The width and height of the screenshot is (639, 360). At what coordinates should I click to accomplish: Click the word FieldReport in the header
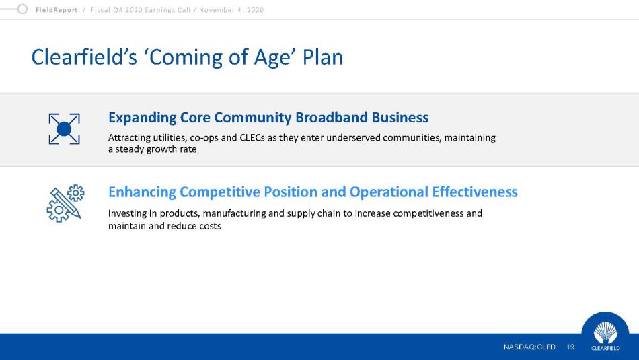coord(57,10)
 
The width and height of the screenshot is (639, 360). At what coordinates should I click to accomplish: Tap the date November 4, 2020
coord(231,10)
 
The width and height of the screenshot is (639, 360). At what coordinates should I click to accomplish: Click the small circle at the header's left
coord(22,9)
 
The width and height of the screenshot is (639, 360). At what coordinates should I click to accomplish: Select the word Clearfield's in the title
coord(84,57)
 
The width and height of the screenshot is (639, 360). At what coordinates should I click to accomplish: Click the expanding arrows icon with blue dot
coord(64,129)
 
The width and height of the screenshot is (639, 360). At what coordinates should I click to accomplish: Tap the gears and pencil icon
coord(65,203)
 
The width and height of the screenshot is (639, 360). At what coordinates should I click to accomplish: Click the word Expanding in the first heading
coord(142,118)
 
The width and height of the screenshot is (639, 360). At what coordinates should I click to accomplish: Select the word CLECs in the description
coord(252,137)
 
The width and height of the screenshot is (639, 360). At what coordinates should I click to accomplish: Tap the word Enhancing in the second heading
coord(142,192)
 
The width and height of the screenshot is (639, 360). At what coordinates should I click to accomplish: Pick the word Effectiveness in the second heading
coord(475,192)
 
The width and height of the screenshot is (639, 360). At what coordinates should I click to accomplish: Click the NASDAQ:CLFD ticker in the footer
coord(529,347)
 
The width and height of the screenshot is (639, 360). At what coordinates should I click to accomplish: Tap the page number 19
coord(570,347)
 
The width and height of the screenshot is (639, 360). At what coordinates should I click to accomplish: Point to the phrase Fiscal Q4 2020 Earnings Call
coord(140,10)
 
